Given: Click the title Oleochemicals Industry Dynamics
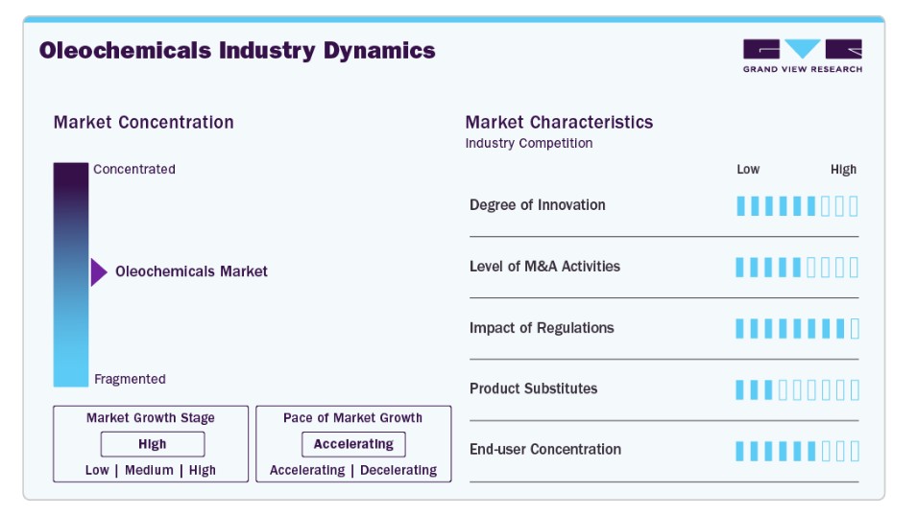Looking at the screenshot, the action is [237, 52].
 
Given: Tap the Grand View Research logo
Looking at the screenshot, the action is [803, 56].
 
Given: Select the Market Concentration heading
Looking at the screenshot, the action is [143, 122].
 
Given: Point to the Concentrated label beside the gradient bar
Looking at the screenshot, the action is [133, 170].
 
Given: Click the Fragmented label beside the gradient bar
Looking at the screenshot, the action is [130, 379].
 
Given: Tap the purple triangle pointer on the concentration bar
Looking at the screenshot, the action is [99, 272].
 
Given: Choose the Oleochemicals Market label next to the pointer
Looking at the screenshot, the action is [191, 271].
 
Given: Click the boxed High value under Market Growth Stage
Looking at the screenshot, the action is [153, 444].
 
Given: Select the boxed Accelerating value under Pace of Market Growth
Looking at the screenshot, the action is [353, 444].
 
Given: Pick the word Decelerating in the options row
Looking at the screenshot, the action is [398, 470].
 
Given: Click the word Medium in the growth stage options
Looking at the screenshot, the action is [149, 470].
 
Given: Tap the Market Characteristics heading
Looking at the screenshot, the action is [559, 122].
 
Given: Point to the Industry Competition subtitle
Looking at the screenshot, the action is [529, 143].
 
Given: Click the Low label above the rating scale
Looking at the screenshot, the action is [748, 170].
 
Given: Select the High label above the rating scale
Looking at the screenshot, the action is [843, 170].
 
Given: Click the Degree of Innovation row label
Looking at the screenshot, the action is [538, 205].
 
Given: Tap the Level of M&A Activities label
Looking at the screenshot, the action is [544, 267].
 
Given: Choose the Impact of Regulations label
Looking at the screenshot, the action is [542, 328].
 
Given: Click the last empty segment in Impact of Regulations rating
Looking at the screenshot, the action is [855, 329].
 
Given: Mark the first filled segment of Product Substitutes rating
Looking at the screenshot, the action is [739, 389].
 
